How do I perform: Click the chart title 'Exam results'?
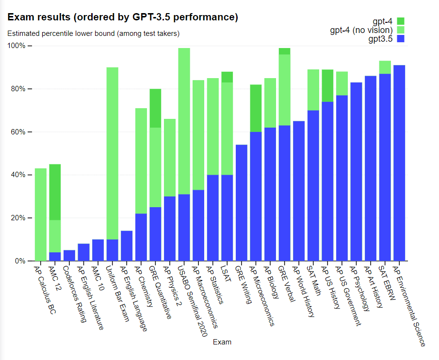123,17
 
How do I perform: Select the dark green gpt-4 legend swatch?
400,21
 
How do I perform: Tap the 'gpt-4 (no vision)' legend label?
361,30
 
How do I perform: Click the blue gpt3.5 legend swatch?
400,39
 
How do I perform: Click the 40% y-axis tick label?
19,175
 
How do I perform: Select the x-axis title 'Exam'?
222,342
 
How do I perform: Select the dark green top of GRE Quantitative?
155,108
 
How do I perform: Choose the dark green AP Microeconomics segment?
256,108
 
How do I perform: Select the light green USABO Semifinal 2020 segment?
184,121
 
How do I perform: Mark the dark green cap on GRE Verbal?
284,51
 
